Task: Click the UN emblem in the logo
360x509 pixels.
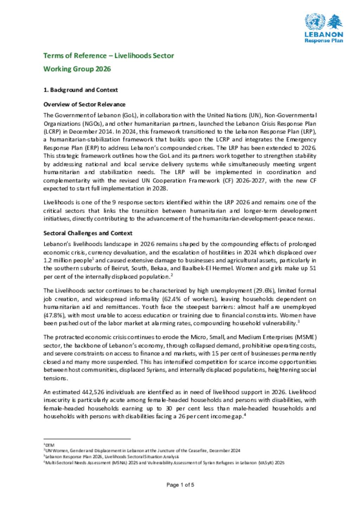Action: click(x=315, y=21)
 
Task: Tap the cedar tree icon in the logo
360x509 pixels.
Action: click(x=335, y=22)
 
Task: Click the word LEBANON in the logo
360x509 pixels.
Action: click(x=323, y=34)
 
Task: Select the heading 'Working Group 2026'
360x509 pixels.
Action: click(x=77, y=69)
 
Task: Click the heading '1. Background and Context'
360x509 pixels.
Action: click(x=81, y=90)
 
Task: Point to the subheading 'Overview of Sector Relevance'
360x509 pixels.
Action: click(x=84, y=104)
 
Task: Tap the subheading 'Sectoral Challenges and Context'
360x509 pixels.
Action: click(x=88, y=233)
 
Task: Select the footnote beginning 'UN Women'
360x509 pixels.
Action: click(x=142, y=451)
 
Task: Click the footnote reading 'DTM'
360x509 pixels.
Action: click(x=50, y=445)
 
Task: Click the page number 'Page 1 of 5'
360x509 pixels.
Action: click(x=180, y=485)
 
